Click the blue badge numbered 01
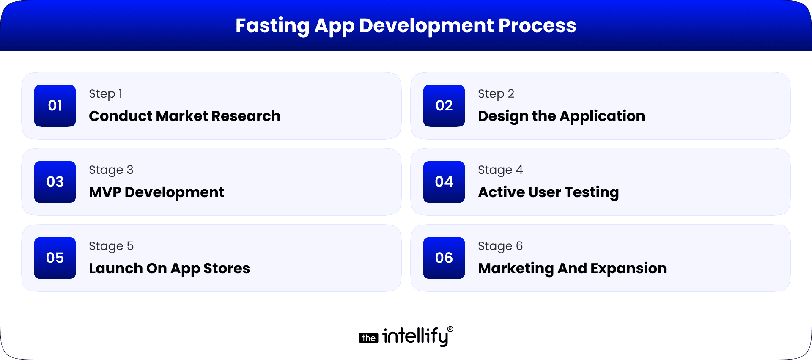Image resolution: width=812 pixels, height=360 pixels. click(x=55, y=106)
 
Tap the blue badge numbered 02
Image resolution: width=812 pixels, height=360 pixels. click(x=444, y=106)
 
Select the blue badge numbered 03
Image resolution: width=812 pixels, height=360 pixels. click(x=55, y=182)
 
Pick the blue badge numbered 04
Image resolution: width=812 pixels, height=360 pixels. click(x=444, y=182)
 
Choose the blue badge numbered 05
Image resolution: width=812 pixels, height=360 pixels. click(x=55, y=258)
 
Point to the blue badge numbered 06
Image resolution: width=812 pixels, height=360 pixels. click(x=444, y=258)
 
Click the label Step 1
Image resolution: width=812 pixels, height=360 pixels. click(x=106, y=94)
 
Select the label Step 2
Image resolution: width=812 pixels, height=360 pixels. click(x=496, y=94)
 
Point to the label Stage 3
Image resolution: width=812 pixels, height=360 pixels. click(x=111, y=170)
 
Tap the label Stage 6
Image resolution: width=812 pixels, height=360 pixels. click(x=500, y=246)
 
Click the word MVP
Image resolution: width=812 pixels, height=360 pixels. click(x=105, y=192)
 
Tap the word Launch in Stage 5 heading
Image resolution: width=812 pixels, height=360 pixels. click(x=115, y=269)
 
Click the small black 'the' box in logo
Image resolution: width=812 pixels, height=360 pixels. click(x=368, y=338)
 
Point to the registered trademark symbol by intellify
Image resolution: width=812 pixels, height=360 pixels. click(x=450, y=329)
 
